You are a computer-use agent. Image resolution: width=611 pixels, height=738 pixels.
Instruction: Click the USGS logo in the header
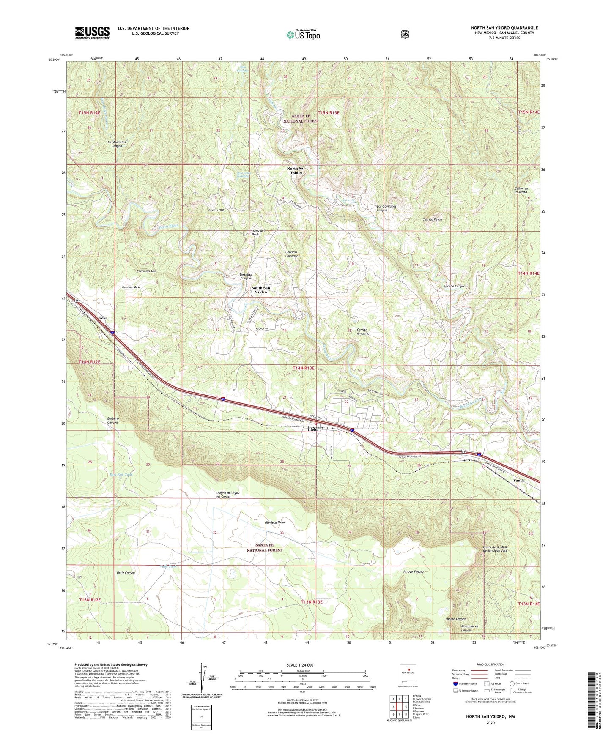coord(92,33)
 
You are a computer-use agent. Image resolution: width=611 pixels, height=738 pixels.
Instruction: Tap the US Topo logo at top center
coord(302,35)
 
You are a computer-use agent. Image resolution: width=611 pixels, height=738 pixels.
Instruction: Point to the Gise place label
coord(103,318)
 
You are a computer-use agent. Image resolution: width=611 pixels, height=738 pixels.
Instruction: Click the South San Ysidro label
coord(260,290)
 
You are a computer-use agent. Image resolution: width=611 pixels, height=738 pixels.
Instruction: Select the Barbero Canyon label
coord(113,420)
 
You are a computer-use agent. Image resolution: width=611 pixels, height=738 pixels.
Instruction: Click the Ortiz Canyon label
coord(126,573)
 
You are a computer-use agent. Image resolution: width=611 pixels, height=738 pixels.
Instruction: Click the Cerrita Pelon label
coord(432,219)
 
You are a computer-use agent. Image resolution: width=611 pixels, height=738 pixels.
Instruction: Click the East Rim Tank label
coord(121,475)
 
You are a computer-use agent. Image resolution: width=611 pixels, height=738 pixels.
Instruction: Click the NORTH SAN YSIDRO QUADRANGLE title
coord(504,28)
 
